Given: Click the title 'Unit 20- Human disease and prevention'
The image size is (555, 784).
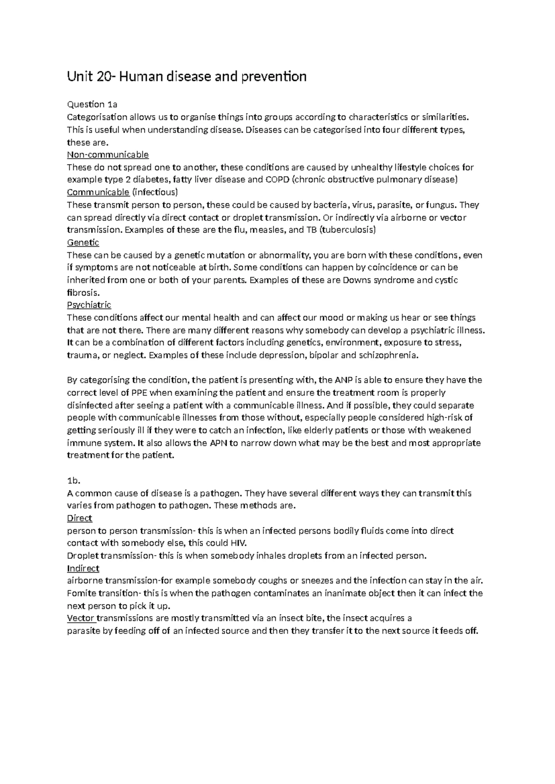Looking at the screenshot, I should pos(187,76).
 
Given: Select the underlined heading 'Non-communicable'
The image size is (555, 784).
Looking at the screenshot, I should pos(108,154).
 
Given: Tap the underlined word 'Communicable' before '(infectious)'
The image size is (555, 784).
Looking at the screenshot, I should pos(98,192).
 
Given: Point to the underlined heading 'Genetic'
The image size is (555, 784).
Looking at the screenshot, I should pos(83,242).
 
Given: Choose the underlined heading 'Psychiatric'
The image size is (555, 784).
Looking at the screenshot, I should pos(89,305).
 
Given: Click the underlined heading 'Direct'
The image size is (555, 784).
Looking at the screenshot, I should pos(80,518).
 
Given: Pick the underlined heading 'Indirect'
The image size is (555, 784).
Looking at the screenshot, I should pos(83,568).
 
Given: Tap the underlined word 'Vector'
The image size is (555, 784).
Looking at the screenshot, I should pos(81,618).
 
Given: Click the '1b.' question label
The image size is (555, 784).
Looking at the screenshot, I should pos(74,480).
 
